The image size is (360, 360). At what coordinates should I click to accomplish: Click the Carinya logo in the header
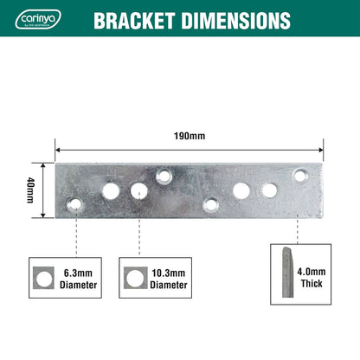pos(37,20)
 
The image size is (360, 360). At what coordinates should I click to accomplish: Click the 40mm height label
pos(31,189)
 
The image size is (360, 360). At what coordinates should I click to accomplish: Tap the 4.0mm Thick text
pos(312,278)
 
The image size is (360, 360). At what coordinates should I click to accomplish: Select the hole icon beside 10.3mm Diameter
pos(132,278)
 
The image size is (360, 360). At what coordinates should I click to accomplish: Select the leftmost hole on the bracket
pos(75,204)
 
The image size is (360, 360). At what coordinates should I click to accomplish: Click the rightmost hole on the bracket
pos(299,176)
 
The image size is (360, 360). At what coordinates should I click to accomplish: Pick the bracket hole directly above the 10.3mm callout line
pos(138,190)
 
